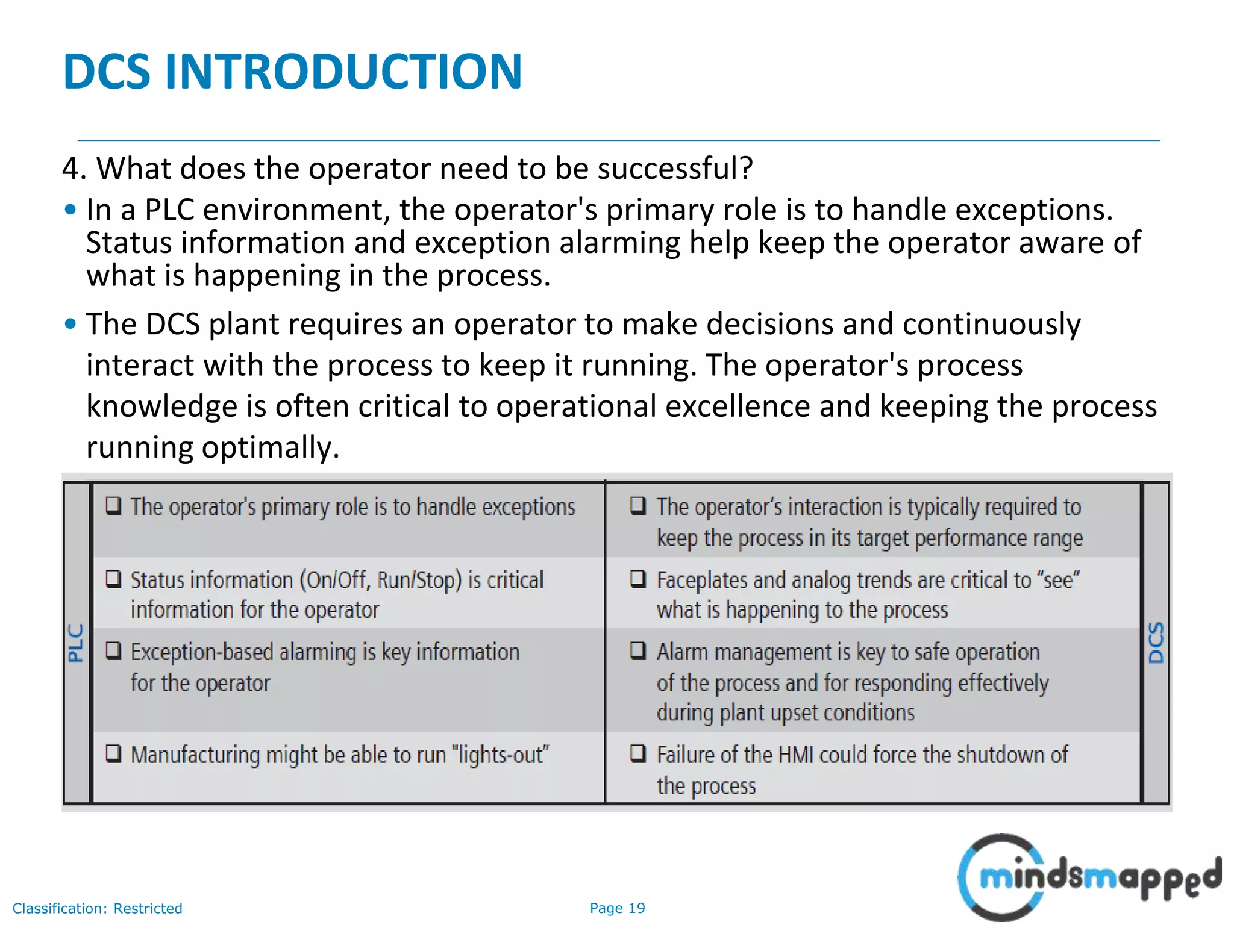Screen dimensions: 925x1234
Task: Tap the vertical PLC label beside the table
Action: point(76,643)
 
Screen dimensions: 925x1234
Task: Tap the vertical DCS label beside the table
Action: point(1156,643)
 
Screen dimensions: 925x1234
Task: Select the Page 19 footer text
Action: point(617,908)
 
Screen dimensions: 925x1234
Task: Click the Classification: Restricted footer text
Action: point(97,908)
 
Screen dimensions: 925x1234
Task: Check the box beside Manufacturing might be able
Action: point(113,753)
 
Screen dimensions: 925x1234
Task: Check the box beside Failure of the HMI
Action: point(638,753)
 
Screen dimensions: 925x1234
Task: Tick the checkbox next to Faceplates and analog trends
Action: point(638,578)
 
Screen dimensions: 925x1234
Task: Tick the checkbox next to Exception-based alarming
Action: point(113,650)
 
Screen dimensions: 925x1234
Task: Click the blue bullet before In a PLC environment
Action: point(70,210)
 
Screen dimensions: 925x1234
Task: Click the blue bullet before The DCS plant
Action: point(70,324)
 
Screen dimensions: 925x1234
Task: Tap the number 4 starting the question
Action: point(71,169)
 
